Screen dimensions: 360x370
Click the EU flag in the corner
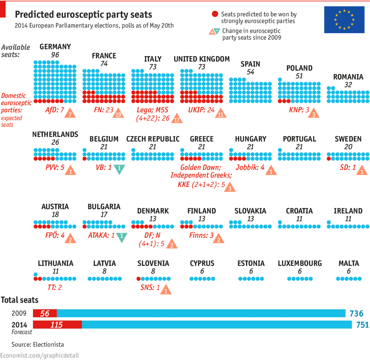point(344,20)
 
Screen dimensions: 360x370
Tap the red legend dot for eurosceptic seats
point(215,14)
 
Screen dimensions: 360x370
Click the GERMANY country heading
point(55,47)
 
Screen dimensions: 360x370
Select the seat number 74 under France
point(104,64)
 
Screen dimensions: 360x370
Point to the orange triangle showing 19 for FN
point(118,114)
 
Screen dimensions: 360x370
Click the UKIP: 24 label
point(201,110)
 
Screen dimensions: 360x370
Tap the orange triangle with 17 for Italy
point(177,119)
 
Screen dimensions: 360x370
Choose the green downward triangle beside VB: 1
point(119,168)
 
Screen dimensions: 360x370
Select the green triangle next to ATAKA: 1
point(122,237)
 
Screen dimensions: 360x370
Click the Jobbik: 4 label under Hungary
point(250,168)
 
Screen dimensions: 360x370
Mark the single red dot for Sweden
point(329,159)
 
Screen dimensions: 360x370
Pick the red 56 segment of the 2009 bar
point(45,313)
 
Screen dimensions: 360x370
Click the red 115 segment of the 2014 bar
point(57,325)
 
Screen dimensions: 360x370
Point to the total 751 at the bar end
point(362,325)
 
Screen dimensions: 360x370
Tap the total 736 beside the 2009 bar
point(356,313)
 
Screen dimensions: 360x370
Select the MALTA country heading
point(349,263)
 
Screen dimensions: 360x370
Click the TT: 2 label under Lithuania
point(55,288)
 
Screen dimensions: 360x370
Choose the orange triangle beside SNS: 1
point(166,290)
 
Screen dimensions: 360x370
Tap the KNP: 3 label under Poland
point(299,110)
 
